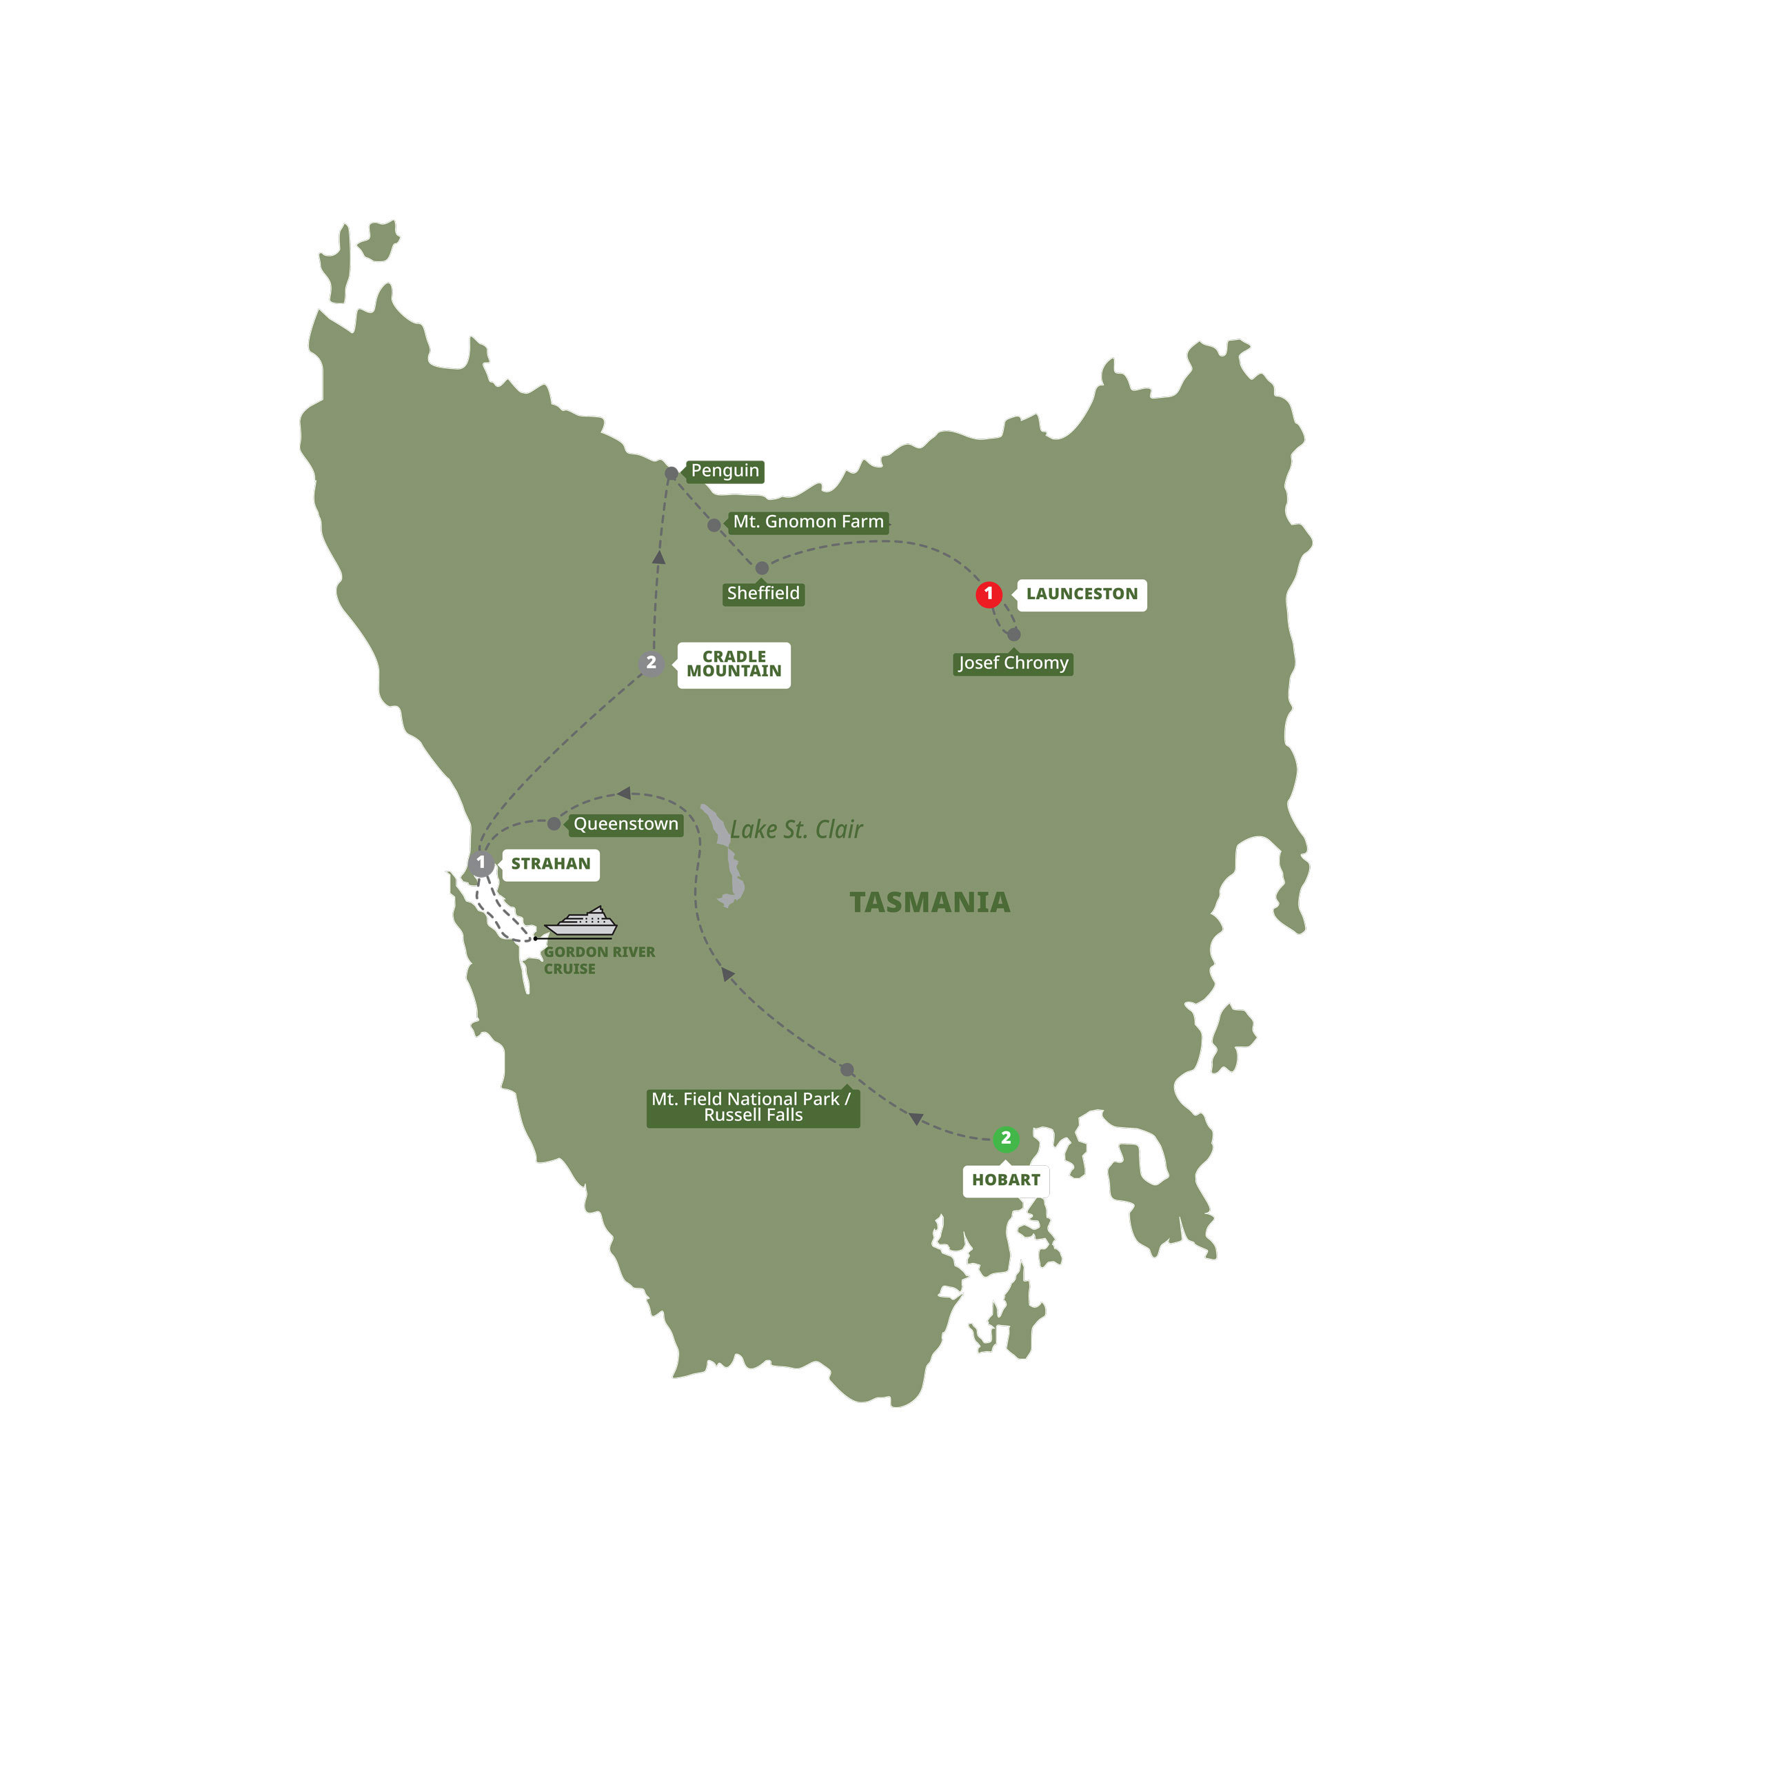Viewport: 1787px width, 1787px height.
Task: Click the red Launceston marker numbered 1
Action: (x=988, y=594)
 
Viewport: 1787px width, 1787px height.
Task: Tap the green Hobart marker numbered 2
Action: (x=1005, y=1139)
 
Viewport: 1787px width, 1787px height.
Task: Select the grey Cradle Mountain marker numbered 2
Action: (x=651, y=663)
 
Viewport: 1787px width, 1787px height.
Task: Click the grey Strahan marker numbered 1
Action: (x=481, y=863)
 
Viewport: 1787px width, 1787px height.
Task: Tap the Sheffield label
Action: (x=763, y=594)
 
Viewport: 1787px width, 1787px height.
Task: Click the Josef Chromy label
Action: (x=1013, y=663)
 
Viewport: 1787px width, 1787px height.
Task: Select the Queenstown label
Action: (x=625, y=824)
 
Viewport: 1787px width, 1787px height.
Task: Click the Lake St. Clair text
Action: (x=796, y=829)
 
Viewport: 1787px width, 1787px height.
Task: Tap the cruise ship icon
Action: (x=581, y=923)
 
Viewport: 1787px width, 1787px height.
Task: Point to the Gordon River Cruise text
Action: (x=598, y=960)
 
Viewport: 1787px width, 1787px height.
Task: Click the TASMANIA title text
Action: (x=929, y=902)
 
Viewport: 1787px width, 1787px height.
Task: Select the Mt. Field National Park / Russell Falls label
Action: (x=752, y=1107)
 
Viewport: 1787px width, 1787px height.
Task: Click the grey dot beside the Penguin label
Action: (x=672, y=474)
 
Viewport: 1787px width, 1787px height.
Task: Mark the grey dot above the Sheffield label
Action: (x=761, y=568)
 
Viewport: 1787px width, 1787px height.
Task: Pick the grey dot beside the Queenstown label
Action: (x=554, y=824)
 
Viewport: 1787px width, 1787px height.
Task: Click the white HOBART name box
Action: (x=1005, y=1180)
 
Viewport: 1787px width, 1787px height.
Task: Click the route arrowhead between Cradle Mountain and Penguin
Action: (x=658, y=558)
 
